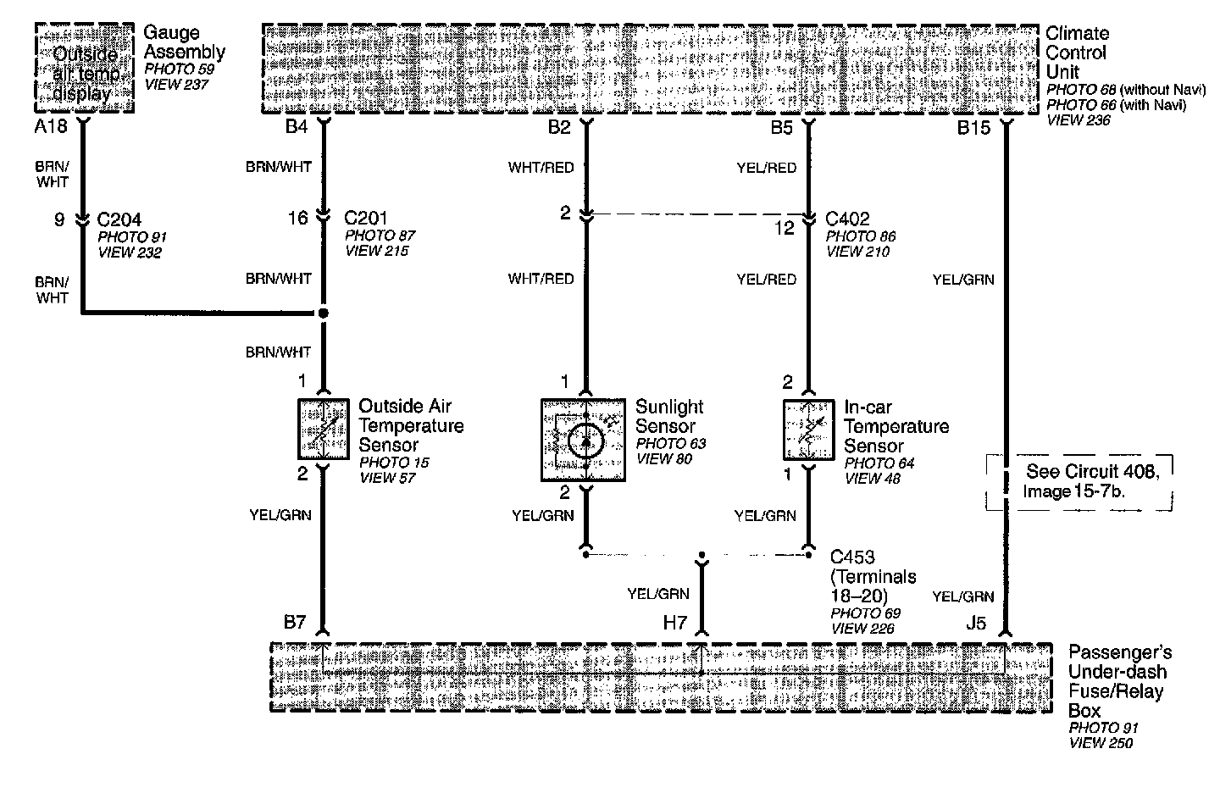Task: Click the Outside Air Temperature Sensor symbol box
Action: (x=324, y=430)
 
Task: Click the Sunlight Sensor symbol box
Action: (x=584, y=441)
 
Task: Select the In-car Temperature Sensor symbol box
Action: (x=809, y=431)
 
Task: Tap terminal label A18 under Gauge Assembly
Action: (x=50, y=128)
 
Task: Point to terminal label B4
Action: (x=296, y=128)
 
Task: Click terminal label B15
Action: (x=973, y=128)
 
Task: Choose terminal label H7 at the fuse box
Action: (x=675, y=624)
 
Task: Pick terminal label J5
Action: (x=976, y=624)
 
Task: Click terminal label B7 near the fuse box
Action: (x=295, y=624)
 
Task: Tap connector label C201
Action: (x=367, y=219)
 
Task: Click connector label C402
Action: (x=847, y=219)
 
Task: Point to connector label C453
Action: (x=852, y=557)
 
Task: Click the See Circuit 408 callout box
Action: (x=1079, y=482)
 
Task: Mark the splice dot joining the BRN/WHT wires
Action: (x=323, y=313)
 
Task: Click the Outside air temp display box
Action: (x=84, y=69)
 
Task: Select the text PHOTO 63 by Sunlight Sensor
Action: (x=670, y=444)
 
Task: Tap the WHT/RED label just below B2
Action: (x=541, y=168)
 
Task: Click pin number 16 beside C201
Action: (x=297, y=219)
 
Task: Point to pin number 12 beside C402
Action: (x=785, y=229)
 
